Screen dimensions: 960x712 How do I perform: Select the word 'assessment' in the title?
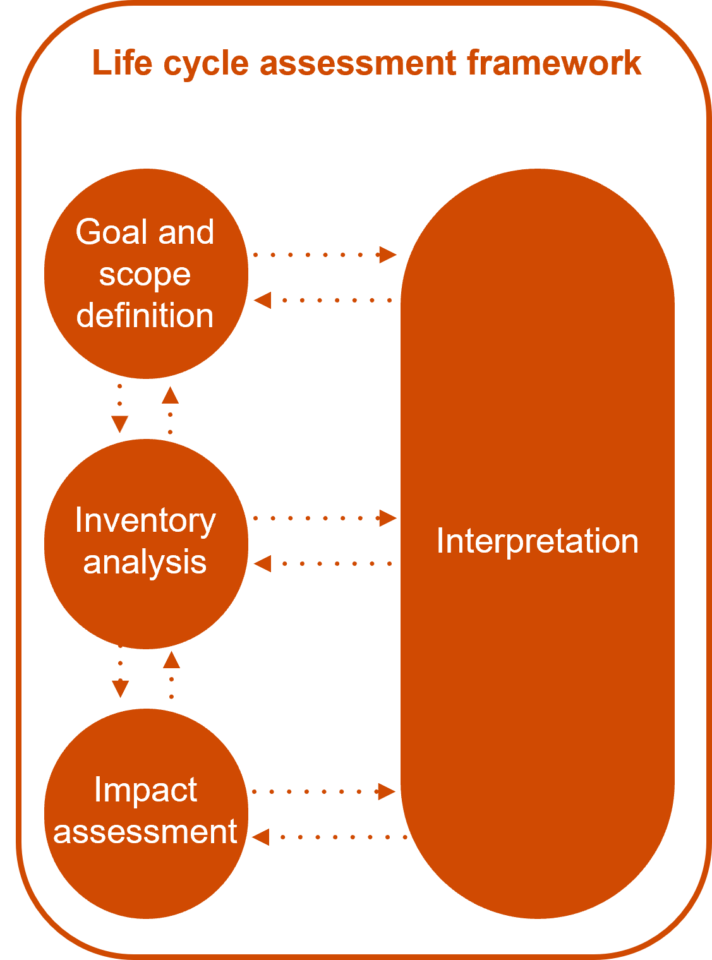click(x=358, y=63)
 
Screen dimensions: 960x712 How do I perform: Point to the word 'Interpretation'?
click(x=537, y=542)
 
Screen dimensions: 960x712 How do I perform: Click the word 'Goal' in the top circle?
click(x=111, y=232)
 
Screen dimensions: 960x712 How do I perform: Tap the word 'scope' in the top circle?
click(x=145, y=274)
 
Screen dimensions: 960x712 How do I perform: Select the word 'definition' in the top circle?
click(x=145, y=315)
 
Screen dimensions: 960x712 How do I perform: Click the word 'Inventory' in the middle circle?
click(x=145, y=521)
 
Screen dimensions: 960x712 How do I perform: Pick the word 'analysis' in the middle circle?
click(x=145, y=562)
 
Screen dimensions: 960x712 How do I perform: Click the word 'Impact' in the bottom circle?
click(x=145, y=790)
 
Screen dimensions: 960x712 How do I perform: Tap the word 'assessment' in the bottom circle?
click(x=145, y=832)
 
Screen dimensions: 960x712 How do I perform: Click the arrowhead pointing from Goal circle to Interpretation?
click(x=387, y=255)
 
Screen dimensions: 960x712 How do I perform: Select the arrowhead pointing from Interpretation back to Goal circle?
click(x=263, y=300)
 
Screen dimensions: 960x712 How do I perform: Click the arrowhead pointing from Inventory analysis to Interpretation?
click(x=387, y=518)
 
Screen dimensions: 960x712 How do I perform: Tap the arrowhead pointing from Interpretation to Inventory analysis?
click(x=263, y=563)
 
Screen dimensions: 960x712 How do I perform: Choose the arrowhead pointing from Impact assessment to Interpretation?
click(x=385, y=791)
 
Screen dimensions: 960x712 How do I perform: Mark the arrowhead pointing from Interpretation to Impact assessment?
click(x=261, y=837)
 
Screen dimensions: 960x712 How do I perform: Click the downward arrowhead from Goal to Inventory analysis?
click(x=119, y=424)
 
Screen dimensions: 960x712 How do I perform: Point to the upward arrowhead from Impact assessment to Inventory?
click(x=171, y=659)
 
